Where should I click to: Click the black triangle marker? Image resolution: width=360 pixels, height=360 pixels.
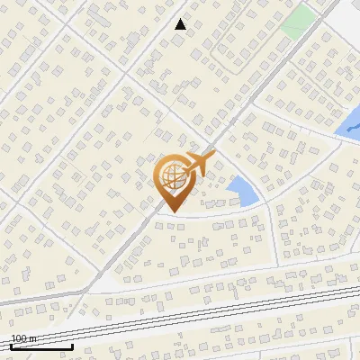coord(180,24)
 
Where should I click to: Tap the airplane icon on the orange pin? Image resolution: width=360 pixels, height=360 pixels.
coord(197,165)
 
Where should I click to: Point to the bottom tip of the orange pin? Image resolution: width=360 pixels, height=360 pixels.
coord(171,211)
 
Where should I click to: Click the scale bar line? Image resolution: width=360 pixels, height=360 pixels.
coord(41,346)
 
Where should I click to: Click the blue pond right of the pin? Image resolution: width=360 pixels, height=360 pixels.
coord(241,191)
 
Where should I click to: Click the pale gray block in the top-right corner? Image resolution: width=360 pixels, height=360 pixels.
coord(346,13)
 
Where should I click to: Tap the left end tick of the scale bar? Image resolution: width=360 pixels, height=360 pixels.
coord(12,345)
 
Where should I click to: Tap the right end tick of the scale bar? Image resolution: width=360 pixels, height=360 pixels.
coord(72,345)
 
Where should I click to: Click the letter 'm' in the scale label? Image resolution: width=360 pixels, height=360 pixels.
coord(33,338)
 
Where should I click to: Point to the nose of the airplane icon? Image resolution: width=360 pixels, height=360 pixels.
coord(212,159)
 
